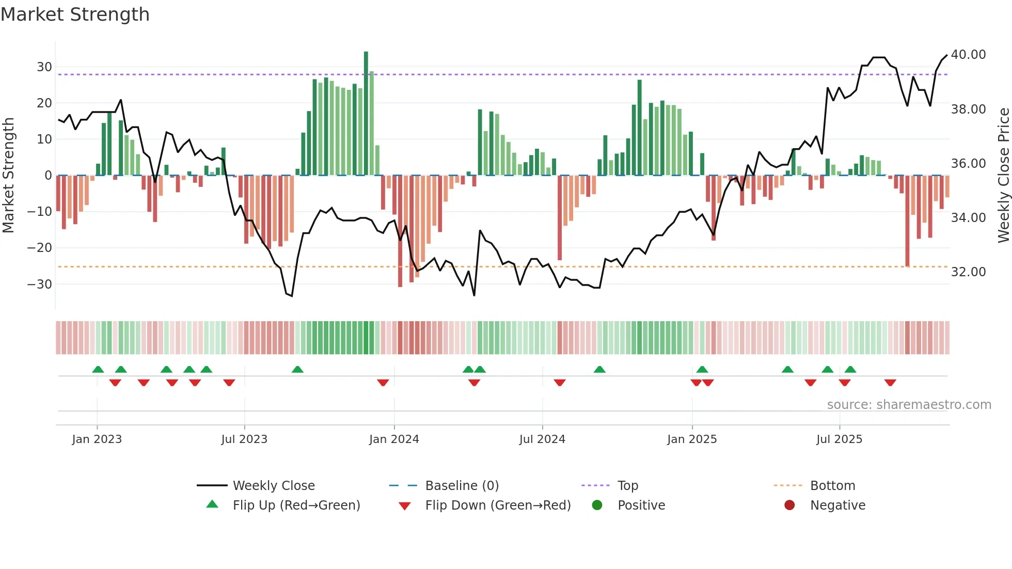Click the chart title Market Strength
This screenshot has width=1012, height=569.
click(x=75, y=14)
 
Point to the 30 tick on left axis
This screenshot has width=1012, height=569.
click(x=44, y=67)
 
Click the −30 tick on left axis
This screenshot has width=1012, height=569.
click(x=40, y=284)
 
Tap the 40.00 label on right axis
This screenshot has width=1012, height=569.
click(x=968, y=55)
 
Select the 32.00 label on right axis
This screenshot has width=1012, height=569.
click(x=968, y=272)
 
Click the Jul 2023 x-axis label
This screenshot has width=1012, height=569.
click(x=244, y=439)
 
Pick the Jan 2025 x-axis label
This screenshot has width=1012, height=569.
click(x=692, y=439)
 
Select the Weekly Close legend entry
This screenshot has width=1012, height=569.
click(x=273, y=486)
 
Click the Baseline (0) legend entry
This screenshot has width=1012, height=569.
click(x=462, y=486)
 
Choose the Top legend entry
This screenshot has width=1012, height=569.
click(x=628, y=486)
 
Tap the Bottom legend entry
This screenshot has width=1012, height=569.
click(x=832, y=486)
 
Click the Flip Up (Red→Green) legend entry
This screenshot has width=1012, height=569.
click(x=296, y=505)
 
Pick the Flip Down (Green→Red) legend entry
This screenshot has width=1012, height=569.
click(x=498, y=505)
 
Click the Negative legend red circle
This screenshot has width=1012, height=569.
click(x=789, y=505)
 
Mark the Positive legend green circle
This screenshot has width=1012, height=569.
click(x=597, y=505)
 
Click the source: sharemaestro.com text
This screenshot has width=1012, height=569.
click(x=909, y=405)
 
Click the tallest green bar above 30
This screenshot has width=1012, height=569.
click(x=366, y=114)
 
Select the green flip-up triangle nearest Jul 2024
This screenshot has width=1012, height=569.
click(x=599, y=369)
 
